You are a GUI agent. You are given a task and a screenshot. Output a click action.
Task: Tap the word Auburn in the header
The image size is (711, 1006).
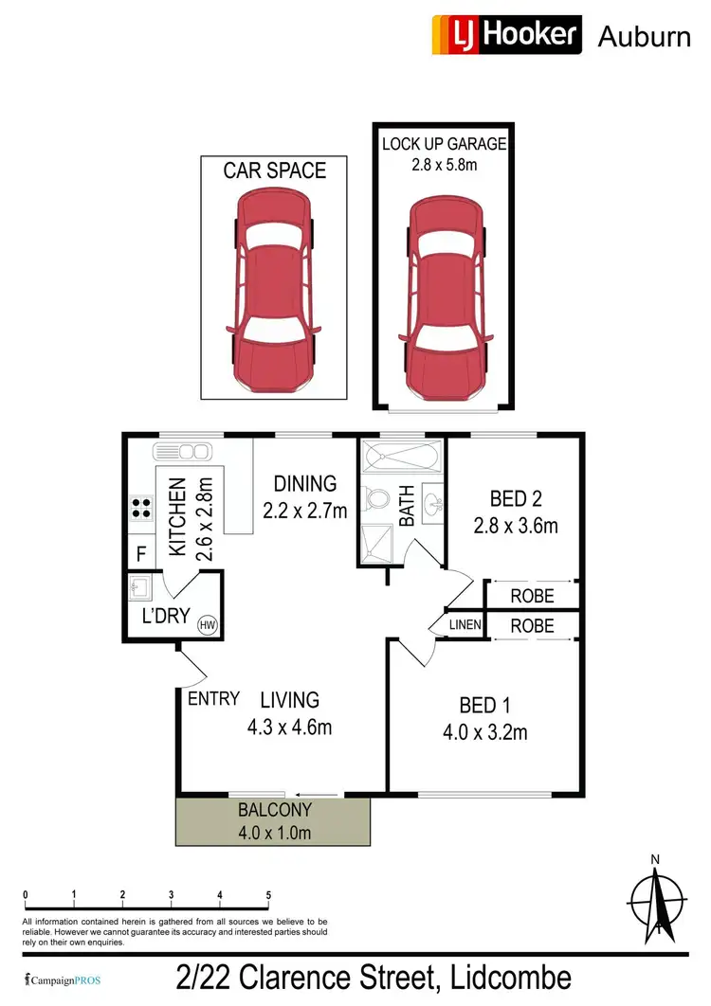point(644,37)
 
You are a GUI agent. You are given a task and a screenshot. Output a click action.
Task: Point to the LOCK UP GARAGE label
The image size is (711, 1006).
point(444,144)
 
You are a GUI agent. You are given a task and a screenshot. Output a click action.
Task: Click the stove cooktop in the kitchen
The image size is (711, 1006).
point(142,508)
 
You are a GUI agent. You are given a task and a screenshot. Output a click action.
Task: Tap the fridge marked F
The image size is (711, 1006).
point(141,552)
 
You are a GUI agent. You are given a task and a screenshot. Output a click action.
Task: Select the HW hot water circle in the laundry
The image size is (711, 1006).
point(206,624)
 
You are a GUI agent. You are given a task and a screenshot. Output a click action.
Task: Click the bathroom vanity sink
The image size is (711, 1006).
point(434,501)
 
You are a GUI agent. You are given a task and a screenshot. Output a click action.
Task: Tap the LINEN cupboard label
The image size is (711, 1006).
point(465,625)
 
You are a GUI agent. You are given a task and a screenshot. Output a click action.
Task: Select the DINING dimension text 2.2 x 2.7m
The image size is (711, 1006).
point(305,512)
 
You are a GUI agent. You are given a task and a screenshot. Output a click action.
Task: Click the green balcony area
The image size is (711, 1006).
point(273,820)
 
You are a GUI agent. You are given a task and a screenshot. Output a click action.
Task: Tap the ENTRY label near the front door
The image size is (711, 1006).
point(213,699)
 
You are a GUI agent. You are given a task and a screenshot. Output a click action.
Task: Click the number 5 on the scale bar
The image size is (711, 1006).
point(269,895)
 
